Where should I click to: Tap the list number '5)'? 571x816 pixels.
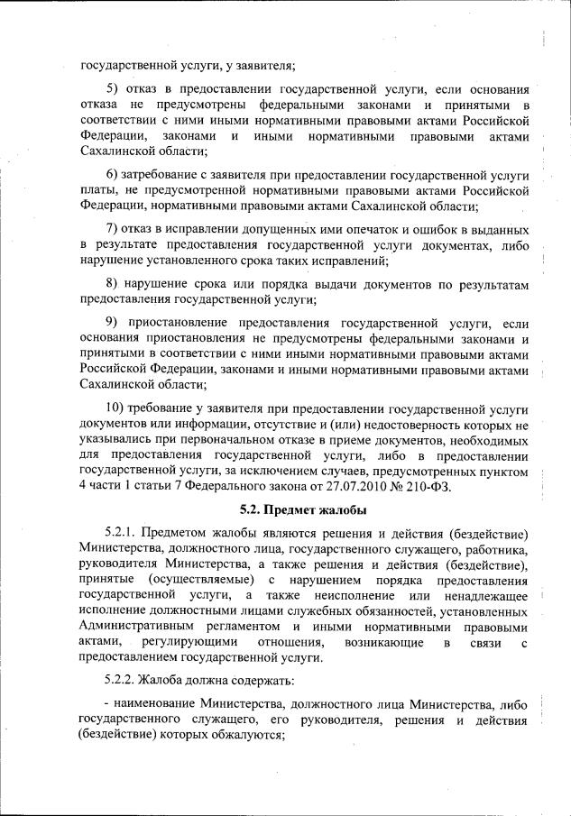[114, 91]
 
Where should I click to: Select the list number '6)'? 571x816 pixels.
[114, 174]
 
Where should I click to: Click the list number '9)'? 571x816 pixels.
[114, 323]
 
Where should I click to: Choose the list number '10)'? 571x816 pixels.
[116, 406]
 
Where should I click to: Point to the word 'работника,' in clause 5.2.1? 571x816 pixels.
[494, 546]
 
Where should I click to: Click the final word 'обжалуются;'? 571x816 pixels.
[248, 734]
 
